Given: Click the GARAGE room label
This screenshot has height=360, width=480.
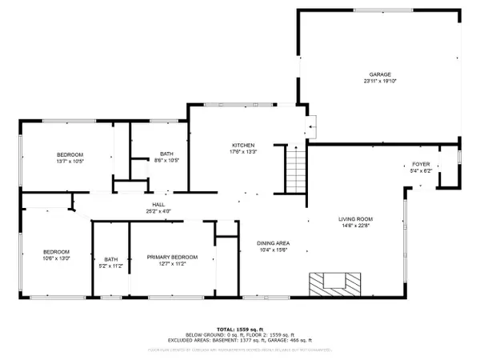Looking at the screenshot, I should coord(379,74).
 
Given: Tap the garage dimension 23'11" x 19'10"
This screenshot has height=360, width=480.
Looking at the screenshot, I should coord(379,81).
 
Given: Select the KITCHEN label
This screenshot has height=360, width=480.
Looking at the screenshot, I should coord(242,144).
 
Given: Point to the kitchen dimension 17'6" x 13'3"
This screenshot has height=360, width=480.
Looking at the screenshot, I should coord(242,151).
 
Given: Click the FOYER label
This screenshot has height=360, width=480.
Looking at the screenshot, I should coord(419,163).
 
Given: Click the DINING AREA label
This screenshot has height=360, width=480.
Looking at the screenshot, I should coord(273,243).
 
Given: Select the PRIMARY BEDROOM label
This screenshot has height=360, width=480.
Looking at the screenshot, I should coord(172,257).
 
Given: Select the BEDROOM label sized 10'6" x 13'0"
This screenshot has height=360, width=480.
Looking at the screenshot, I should coord(55,250).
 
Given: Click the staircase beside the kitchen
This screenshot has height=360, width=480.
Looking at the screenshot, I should coord(296,168).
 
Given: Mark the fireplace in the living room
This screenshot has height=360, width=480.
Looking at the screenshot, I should coord(333,282).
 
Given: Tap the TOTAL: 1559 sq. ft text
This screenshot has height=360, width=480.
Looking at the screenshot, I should coord(240,330).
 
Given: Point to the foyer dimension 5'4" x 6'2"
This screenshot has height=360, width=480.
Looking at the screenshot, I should coord(419,170).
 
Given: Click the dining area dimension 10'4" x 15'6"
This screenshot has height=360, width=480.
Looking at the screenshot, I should coord(273,250).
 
